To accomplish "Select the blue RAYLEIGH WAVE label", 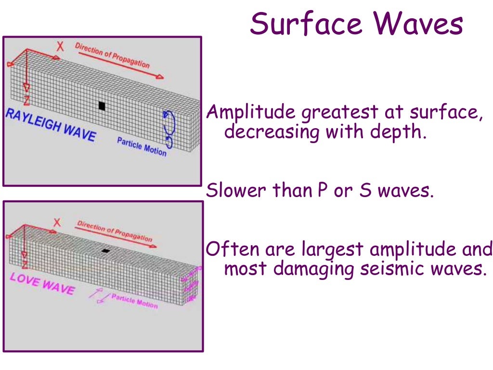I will pyautogui.click(x=50, y=124).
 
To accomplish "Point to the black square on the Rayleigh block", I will pyautogui.click(x=102, y=106).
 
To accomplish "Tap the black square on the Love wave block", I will pyautogui.click(x=106, y=251).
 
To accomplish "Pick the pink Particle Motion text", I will pyautogui.click(x=134, y=301).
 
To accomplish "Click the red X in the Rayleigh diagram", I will pyautogui.click(x=60, y=46).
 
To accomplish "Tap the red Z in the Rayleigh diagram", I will pyautogui.click(x=26, y=100).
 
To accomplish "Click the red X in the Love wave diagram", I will pyautogui.click(x=57, y=223).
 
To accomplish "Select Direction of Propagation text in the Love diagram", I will pyautogui.click(x=115, y=231).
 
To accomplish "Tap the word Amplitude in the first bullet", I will pyautogui.click(x=251, y=113).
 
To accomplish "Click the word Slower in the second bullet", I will pyautogui.click(x=236, y=191).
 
